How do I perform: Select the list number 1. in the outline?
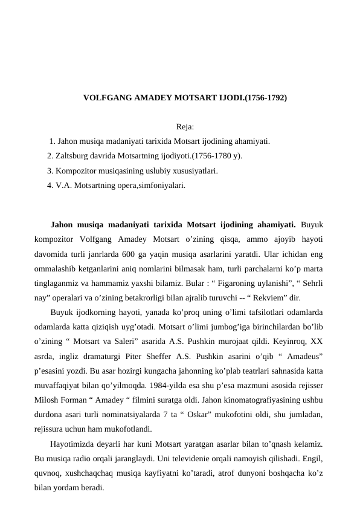(x=53, y=141)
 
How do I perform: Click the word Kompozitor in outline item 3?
(x=76, y=171)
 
